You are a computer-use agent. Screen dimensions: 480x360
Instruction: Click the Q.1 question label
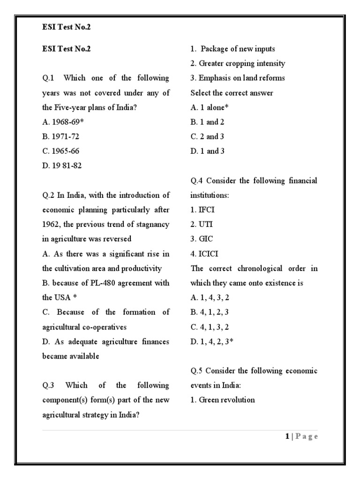48,78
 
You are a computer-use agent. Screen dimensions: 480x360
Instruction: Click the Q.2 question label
48,195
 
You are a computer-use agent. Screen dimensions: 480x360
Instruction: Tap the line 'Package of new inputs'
232,49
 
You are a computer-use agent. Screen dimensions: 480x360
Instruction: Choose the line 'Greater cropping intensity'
238,63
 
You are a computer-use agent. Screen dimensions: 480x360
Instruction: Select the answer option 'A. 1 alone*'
210,107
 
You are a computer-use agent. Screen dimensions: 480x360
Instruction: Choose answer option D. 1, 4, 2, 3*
212,342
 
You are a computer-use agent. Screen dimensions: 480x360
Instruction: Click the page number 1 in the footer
287,436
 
